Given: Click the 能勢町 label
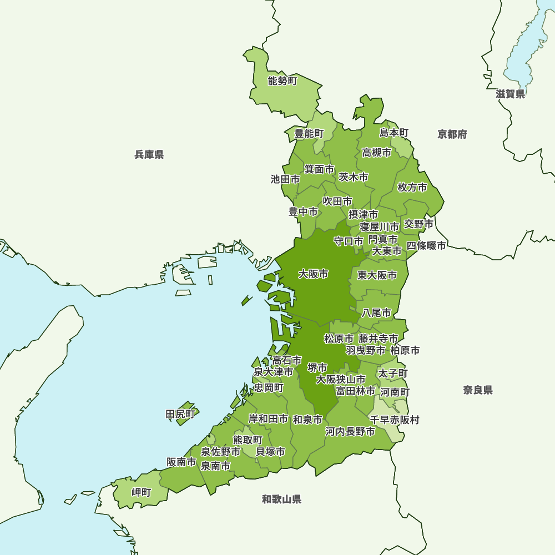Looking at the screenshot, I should click(x=282, y=82).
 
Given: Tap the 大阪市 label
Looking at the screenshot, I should click(x=313, y=274).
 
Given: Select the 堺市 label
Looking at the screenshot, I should click(x=317, y=367).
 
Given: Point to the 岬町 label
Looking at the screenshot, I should click(x=141, y=492).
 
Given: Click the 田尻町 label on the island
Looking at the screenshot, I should click(x=181, y=414).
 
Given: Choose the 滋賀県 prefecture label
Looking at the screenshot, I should click(x=510, y=94).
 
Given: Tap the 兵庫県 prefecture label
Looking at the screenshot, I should click(x=149, y=155).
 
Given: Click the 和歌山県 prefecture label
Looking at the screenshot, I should click(x=281, y=500).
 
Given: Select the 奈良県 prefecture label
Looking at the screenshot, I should click(x=478, y=390).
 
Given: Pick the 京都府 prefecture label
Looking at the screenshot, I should click(x=452, y=134).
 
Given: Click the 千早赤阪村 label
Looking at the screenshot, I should click(x=395, y=420).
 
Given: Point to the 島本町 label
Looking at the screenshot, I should click(x=393, y=133).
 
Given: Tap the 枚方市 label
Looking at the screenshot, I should click(x=412, y=188).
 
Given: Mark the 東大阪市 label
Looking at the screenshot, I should click(x=377, y=275).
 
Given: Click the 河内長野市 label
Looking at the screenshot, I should click(x=350, y=431).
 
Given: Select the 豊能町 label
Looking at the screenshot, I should click(x=309, y=134).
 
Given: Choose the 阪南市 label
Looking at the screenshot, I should click(x=181, y=462).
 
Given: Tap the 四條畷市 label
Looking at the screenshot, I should click(x=426, y=245).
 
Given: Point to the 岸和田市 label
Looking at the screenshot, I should click(x=268, y=419).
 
